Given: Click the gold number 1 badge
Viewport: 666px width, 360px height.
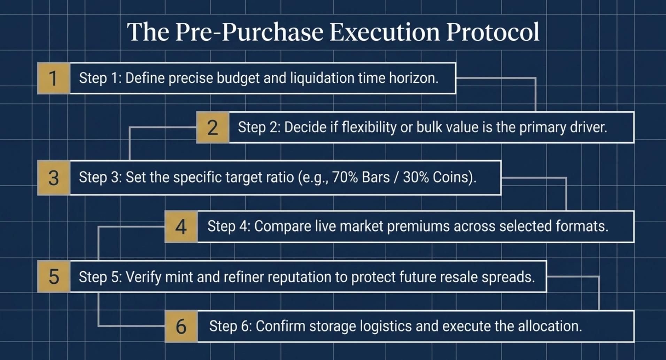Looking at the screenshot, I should pyautogui.click(x=53, y=78).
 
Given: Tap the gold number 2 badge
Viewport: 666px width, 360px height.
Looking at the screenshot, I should pyautogui.click(x=212, y=127).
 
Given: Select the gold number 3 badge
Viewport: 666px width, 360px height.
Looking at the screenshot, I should pyautogui.click(x=53, y=178).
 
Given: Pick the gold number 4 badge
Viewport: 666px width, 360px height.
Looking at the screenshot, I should pyautogui.click(x=181, y=227).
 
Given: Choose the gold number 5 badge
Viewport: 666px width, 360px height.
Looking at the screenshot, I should pyautogui.click(x=53, y=277).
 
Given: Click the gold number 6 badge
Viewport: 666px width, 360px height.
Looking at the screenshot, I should pyautogui.click(x=181, y=327).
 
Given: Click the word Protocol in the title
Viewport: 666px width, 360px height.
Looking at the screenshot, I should pyautogui.click(x=493, y=32).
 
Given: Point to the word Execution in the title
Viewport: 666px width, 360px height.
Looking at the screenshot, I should pyautogui.click(x=385, y=32).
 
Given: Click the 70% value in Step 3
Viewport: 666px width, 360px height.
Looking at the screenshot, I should pyautogui.click(x=345, y=177).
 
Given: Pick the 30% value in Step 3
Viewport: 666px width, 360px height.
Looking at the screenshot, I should pyautogui.click(x=416, y=177).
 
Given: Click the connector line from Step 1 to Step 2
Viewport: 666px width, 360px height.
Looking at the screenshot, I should pyautogui.click(x=535, y=94).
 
